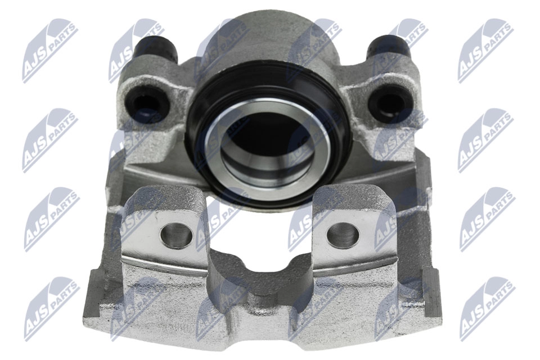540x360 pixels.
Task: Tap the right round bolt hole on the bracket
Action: (341, 235)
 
